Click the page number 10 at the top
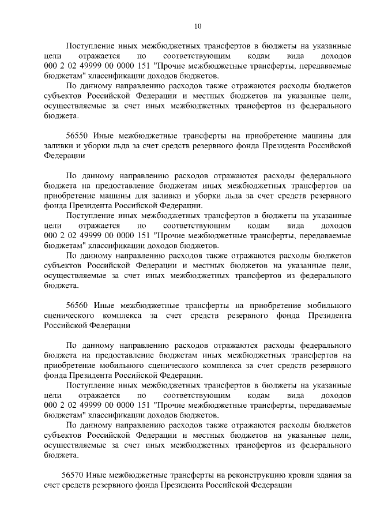tap(198, 26)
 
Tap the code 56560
tap(77, 305)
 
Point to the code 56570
tap(73, 475)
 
